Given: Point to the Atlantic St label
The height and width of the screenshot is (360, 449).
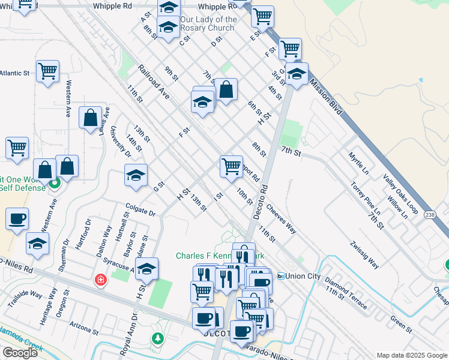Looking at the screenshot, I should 14,73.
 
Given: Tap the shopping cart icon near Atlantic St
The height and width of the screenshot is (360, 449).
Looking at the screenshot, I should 47,71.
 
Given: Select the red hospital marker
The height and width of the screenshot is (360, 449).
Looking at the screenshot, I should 100,280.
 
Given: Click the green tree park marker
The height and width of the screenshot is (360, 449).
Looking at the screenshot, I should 158,338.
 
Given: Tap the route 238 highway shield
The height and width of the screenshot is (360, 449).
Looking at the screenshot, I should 430,215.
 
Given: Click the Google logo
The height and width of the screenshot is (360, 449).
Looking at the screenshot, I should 19,352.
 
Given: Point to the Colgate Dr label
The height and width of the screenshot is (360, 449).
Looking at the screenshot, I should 140,213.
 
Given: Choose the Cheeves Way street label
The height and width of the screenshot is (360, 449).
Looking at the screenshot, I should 282,220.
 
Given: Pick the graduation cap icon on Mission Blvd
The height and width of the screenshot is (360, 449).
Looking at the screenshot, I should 297,74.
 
